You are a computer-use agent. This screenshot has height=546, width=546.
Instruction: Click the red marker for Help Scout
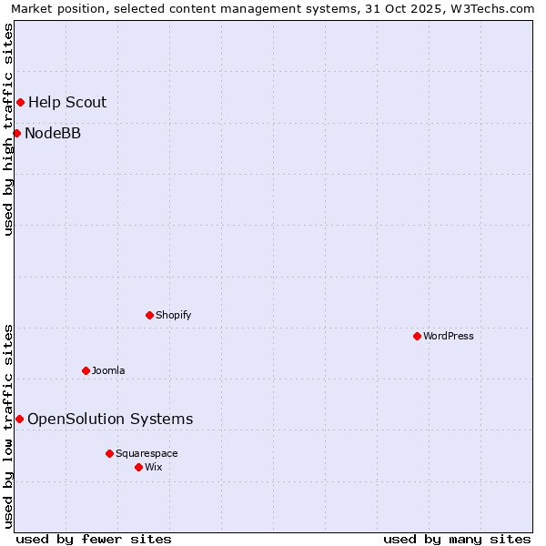20,102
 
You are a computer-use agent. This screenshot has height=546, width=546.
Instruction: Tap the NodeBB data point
16,134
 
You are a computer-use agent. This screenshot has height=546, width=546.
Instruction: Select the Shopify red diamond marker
149,315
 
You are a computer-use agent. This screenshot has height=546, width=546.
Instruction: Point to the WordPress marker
417,336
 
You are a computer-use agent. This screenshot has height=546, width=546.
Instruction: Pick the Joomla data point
86,370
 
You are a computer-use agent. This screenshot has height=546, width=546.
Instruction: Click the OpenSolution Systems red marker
19,419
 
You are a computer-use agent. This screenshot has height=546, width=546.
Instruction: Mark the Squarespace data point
109,453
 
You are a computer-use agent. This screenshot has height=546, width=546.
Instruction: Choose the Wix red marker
138,467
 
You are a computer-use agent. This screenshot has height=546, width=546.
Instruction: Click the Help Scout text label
67,102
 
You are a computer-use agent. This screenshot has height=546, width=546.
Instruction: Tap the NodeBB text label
53,134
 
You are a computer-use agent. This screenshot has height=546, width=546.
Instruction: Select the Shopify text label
173,315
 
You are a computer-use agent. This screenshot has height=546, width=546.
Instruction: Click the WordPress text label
449,336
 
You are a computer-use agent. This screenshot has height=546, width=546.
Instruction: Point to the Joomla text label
108,370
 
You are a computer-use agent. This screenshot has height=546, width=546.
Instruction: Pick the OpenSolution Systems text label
110,419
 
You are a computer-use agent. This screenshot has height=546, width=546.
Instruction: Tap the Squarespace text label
147,453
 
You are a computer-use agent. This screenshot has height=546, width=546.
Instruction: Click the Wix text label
154,467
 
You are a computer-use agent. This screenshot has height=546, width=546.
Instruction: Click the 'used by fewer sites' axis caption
94,539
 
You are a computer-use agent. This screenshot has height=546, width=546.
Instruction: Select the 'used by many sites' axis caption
457,539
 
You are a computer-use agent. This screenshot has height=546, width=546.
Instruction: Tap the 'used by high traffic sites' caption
8,129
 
